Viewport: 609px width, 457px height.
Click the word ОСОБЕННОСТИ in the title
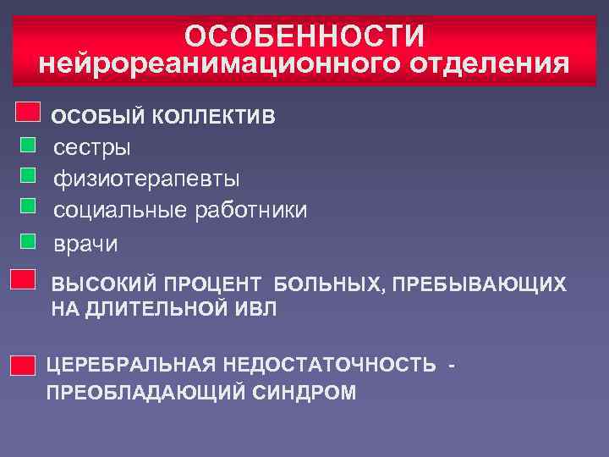[304, 36]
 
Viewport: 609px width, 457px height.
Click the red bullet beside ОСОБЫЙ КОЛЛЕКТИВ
[29, 112]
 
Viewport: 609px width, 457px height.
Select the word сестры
[92, 147]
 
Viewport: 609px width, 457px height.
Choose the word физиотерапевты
[146, 179]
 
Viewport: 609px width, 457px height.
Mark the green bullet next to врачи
[28, 240]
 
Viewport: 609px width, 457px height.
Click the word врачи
[86, 244]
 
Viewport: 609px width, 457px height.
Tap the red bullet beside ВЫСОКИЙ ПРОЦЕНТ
[23, 279]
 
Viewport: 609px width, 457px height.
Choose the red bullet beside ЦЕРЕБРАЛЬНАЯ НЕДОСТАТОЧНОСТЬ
[23, 366]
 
